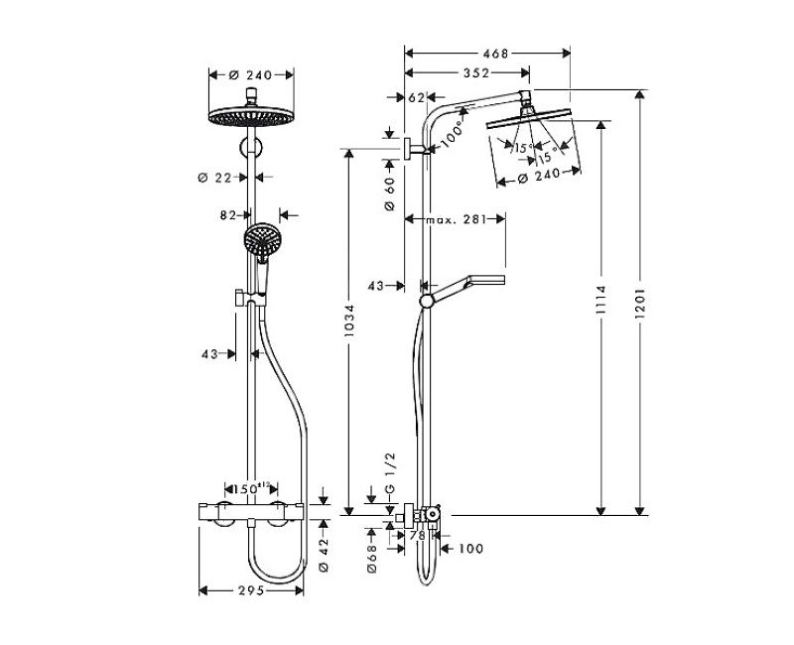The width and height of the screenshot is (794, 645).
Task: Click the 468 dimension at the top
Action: click(x=487, y=54)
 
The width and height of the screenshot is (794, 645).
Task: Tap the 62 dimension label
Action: click(x=416, y=97)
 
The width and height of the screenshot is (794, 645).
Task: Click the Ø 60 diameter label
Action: click(x=390, y=187)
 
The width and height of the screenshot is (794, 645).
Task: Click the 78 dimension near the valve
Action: click(x=416, y=536)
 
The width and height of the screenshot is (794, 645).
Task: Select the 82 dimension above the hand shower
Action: click(x=229, y=213)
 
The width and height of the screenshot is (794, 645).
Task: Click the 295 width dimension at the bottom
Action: click(x=251, y=591)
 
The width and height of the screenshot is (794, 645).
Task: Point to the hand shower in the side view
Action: click(x=466, y=285)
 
